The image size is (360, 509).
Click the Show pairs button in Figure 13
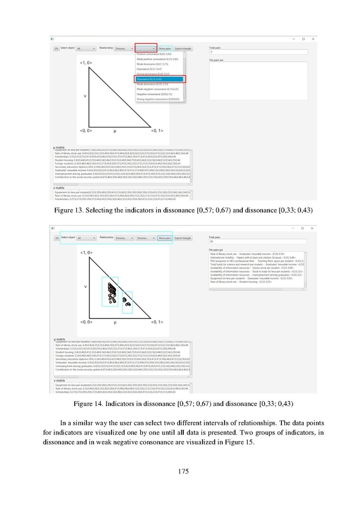click(165, 49)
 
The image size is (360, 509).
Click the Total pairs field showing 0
click(249, 53)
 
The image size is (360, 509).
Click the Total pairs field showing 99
click(249, 240)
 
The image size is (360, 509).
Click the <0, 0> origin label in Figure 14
click(87, 321)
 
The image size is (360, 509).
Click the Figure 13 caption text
click(179, 194)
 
